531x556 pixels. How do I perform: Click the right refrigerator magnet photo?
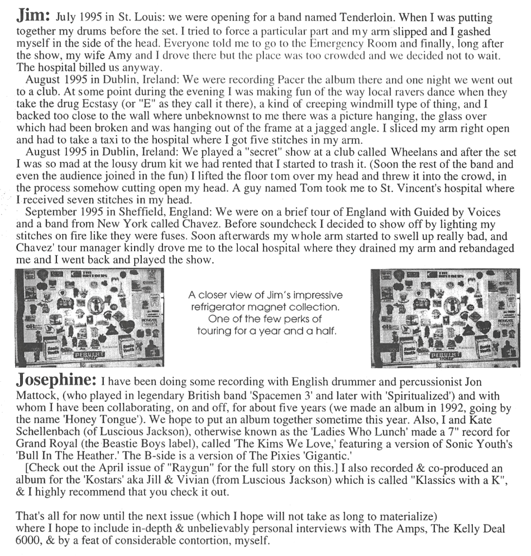[445, 317]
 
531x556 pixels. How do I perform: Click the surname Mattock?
[37, 393]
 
